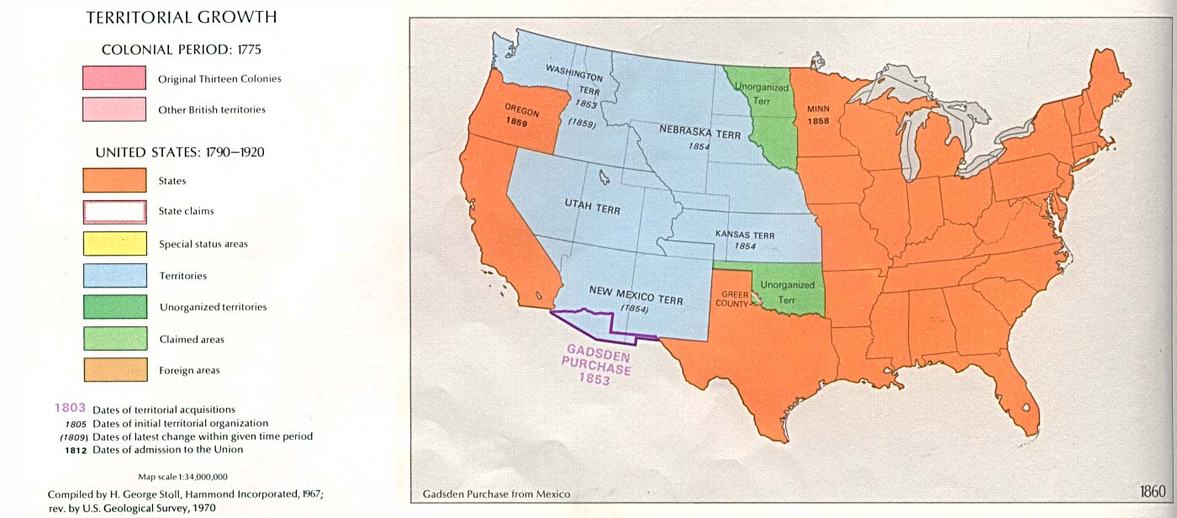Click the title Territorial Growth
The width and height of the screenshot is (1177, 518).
point(182,18)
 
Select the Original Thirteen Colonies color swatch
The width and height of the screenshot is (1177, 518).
point(114,78)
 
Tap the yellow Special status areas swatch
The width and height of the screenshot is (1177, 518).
point(114,244)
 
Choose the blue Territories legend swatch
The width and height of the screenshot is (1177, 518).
point(114,276)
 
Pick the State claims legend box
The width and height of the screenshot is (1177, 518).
point(114,211)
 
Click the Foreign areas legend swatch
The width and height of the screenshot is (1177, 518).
point(114,370)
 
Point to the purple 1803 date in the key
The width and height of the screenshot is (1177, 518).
point(70,408)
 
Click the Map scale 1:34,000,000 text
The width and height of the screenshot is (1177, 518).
point(182,477)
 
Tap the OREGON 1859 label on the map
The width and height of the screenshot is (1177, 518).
point(521,114)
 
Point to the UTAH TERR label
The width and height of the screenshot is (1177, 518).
point(592,206)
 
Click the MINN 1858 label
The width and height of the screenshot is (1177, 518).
point(818,114)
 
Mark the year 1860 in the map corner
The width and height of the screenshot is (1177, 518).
point(1152,492)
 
